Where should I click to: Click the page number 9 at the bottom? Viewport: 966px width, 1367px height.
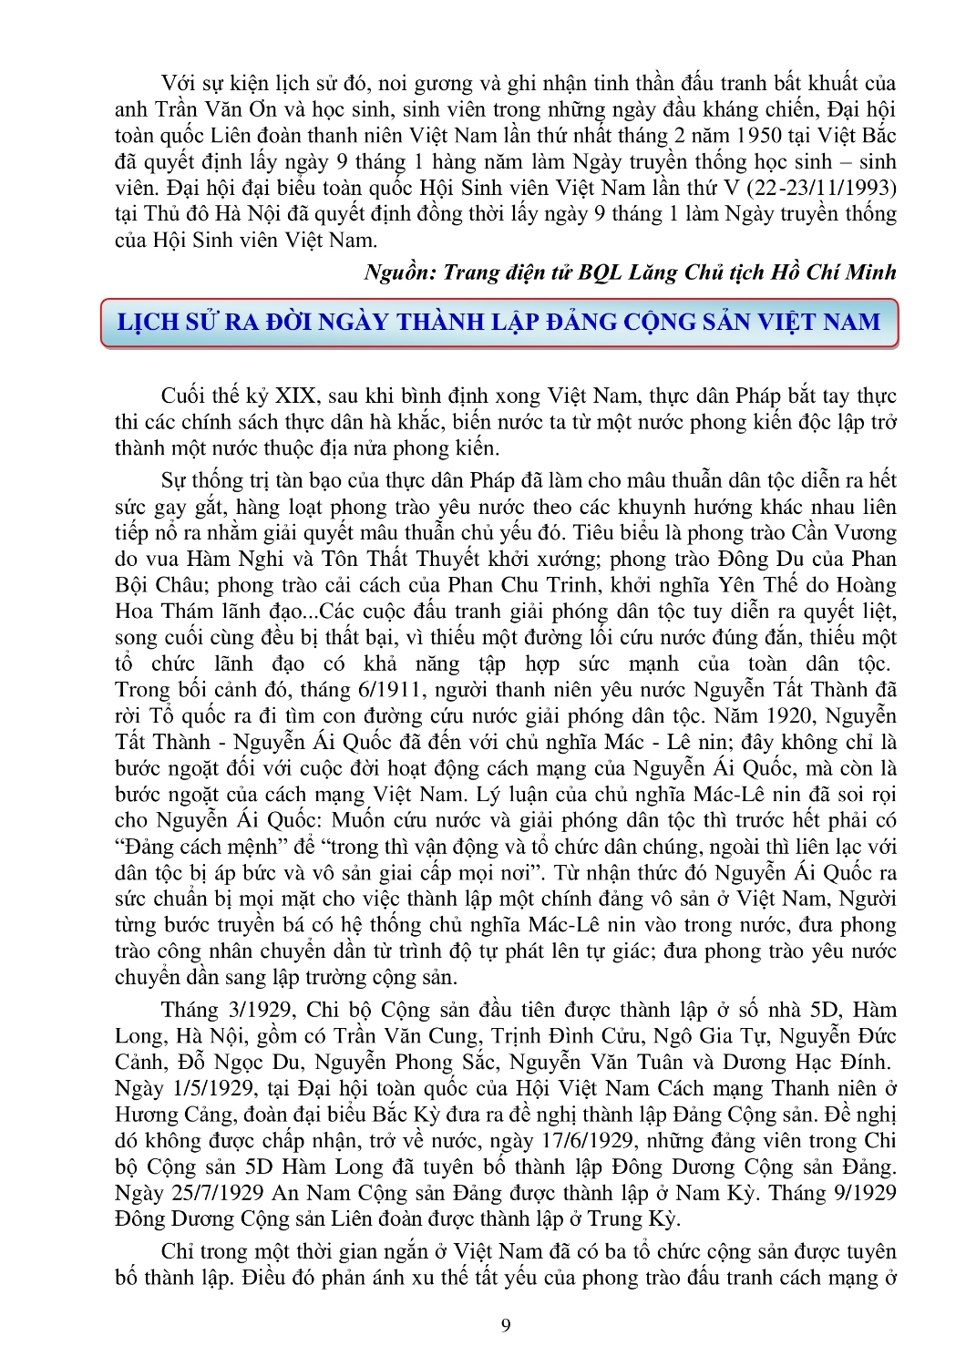click(506, 1325)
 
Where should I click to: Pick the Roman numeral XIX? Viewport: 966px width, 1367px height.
click(296, 396)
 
